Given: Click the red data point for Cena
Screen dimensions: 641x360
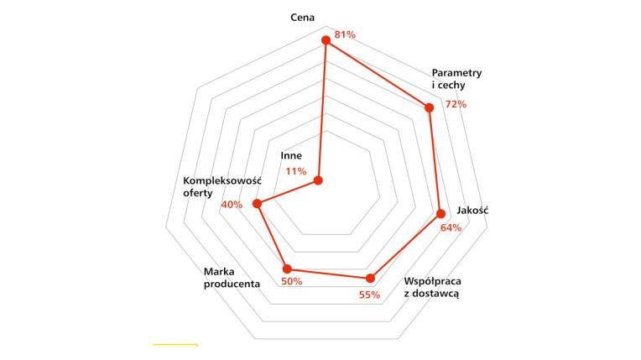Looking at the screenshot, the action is click(x=326, y=40).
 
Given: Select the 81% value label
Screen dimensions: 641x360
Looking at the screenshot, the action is click(x=345, y=34).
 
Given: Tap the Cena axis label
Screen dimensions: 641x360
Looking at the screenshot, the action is click(x=303, y=17).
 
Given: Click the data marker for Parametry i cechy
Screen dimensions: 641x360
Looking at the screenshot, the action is click(x=429, y=107).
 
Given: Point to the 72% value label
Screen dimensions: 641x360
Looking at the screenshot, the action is click(x=456, y=104).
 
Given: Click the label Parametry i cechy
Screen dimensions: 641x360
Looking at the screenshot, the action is click(x=456, y=79).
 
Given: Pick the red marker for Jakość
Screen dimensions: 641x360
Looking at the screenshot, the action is click(x=440, y=213).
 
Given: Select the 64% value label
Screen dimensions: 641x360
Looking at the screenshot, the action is click(x=451, y=228).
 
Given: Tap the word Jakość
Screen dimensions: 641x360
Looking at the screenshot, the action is click(x=472, y=211).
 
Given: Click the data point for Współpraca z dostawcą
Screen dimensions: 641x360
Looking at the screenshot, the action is click(x=370, y=279).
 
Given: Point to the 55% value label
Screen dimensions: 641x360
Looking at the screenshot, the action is click(x=369, y=295).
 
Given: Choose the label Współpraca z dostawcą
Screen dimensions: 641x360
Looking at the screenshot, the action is click(x=433, y=287).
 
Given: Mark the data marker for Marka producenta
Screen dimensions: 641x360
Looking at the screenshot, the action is click(x=287, y=269).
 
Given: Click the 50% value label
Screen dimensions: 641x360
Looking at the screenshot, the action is click(x=292, y=281).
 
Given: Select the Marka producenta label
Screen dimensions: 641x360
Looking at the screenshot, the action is click(x=232, y=278).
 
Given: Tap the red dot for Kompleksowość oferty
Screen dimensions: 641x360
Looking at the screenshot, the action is click(x=257, y=204).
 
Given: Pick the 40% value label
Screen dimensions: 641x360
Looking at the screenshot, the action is click(x=232, y=205).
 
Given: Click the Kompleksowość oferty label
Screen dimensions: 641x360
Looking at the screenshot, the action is click(x=222, y=186).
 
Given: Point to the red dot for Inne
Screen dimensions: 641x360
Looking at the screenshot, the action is click(x=318, y=180).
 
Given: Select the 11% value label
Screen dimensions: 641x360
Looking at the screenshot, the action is click(x=296, y=171).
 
